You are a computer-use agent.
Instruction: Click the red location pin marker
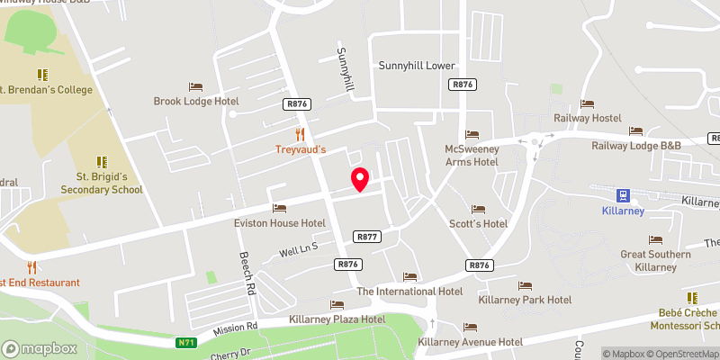coord(359,178)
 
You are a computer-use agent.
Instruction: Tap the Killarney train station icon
coord(622,195)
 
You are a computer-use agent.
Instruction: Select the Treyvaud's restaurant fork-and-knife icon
coord(301,134)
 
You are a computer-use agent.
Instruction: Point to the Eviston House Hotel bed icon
coord(279,208)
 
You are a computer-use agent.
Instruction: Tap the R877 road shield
coord(366,237)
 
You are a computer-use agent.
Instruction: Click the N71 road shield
coord(186,341)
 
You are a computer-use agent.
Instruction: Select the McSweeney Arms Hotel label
coord(472,155)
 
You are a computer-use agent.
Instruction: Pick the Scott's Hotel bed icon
coord(478,208)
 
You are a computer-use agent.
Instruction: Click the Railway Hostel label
coord(588,119)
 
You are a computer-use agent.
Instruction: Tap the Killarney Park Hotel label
coord(526,299)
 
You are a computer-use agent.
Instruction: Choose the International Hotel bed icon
coord(410,276)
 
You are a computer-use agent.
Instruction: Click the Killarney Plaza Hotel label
coord(337,319)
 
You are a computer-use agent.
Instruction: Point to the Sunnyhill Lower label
coord(418,66)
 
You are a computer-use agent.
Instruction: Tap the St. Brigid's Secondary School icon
coord(101,162)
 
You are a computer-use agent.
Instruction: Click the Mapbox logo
coord(40,348)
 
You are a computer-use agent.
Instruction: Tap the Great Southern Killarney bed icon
coord(655,239)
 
